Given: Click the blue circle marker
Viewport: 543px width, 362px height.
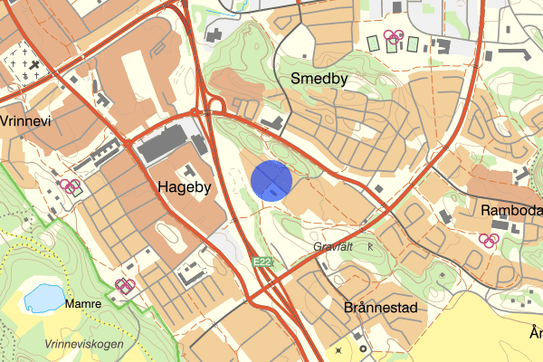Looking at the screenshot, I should (x=271, y=179).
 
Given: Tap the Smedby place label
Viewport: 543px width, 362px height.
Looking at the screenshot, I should (x=319, y=79).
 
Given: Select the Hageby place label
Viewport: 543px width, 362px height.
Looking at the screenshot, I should (x=184, y=188).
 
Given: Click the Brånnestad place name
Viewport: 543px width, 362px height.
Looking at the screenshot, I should (x=381, y=308).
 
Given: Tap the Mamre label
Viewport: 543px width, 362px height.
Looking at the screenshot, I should (x=83, y=304).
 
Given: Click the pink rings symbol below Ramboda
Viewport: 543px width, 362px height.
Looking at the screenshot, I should (x=489, y=240).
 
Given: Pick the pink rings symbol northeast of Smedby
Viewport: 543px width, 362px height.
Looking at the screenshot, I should (x=393, y=37).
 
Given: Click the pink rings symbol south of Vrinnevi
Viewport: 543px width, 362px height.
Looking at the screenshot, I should (x=71, y=186).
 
